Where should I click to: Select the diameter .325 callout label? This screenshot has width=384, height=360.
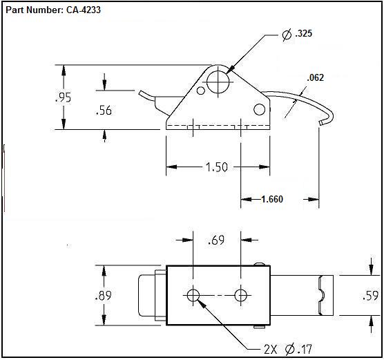point(298,33)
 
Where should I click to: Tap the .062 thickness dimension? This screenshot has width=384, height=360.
point(315,77)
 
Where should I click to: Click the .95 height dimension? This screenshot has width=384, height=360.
point(63,97)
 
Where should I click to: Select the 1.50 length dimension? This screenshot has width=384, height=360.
point(217,167)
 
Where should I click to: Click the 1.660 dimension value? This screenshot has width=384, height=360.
point(271,199)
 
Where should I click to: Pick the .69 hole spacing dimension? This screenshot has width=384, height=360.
point(217,240)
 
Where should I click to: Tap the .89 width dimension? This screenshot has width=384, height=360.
point(104,295)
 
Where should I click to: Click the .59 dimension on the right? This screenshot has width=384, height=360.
point(370,295)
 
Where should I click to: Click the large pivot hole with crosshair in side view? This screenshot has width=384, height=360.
point(218,82)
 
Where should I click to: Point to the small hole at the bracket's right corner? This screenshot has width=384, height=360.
point(259,109)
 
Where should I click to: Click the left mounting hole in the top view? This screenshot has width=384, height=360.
point(193,296)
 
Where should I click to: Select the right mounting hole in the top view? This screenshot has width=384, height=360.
point(240,296)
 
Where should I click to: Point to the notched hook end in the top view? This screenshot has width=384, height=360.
point(321,295)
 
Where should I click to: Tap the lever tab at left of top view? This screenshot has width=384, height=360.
point(148,296)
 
